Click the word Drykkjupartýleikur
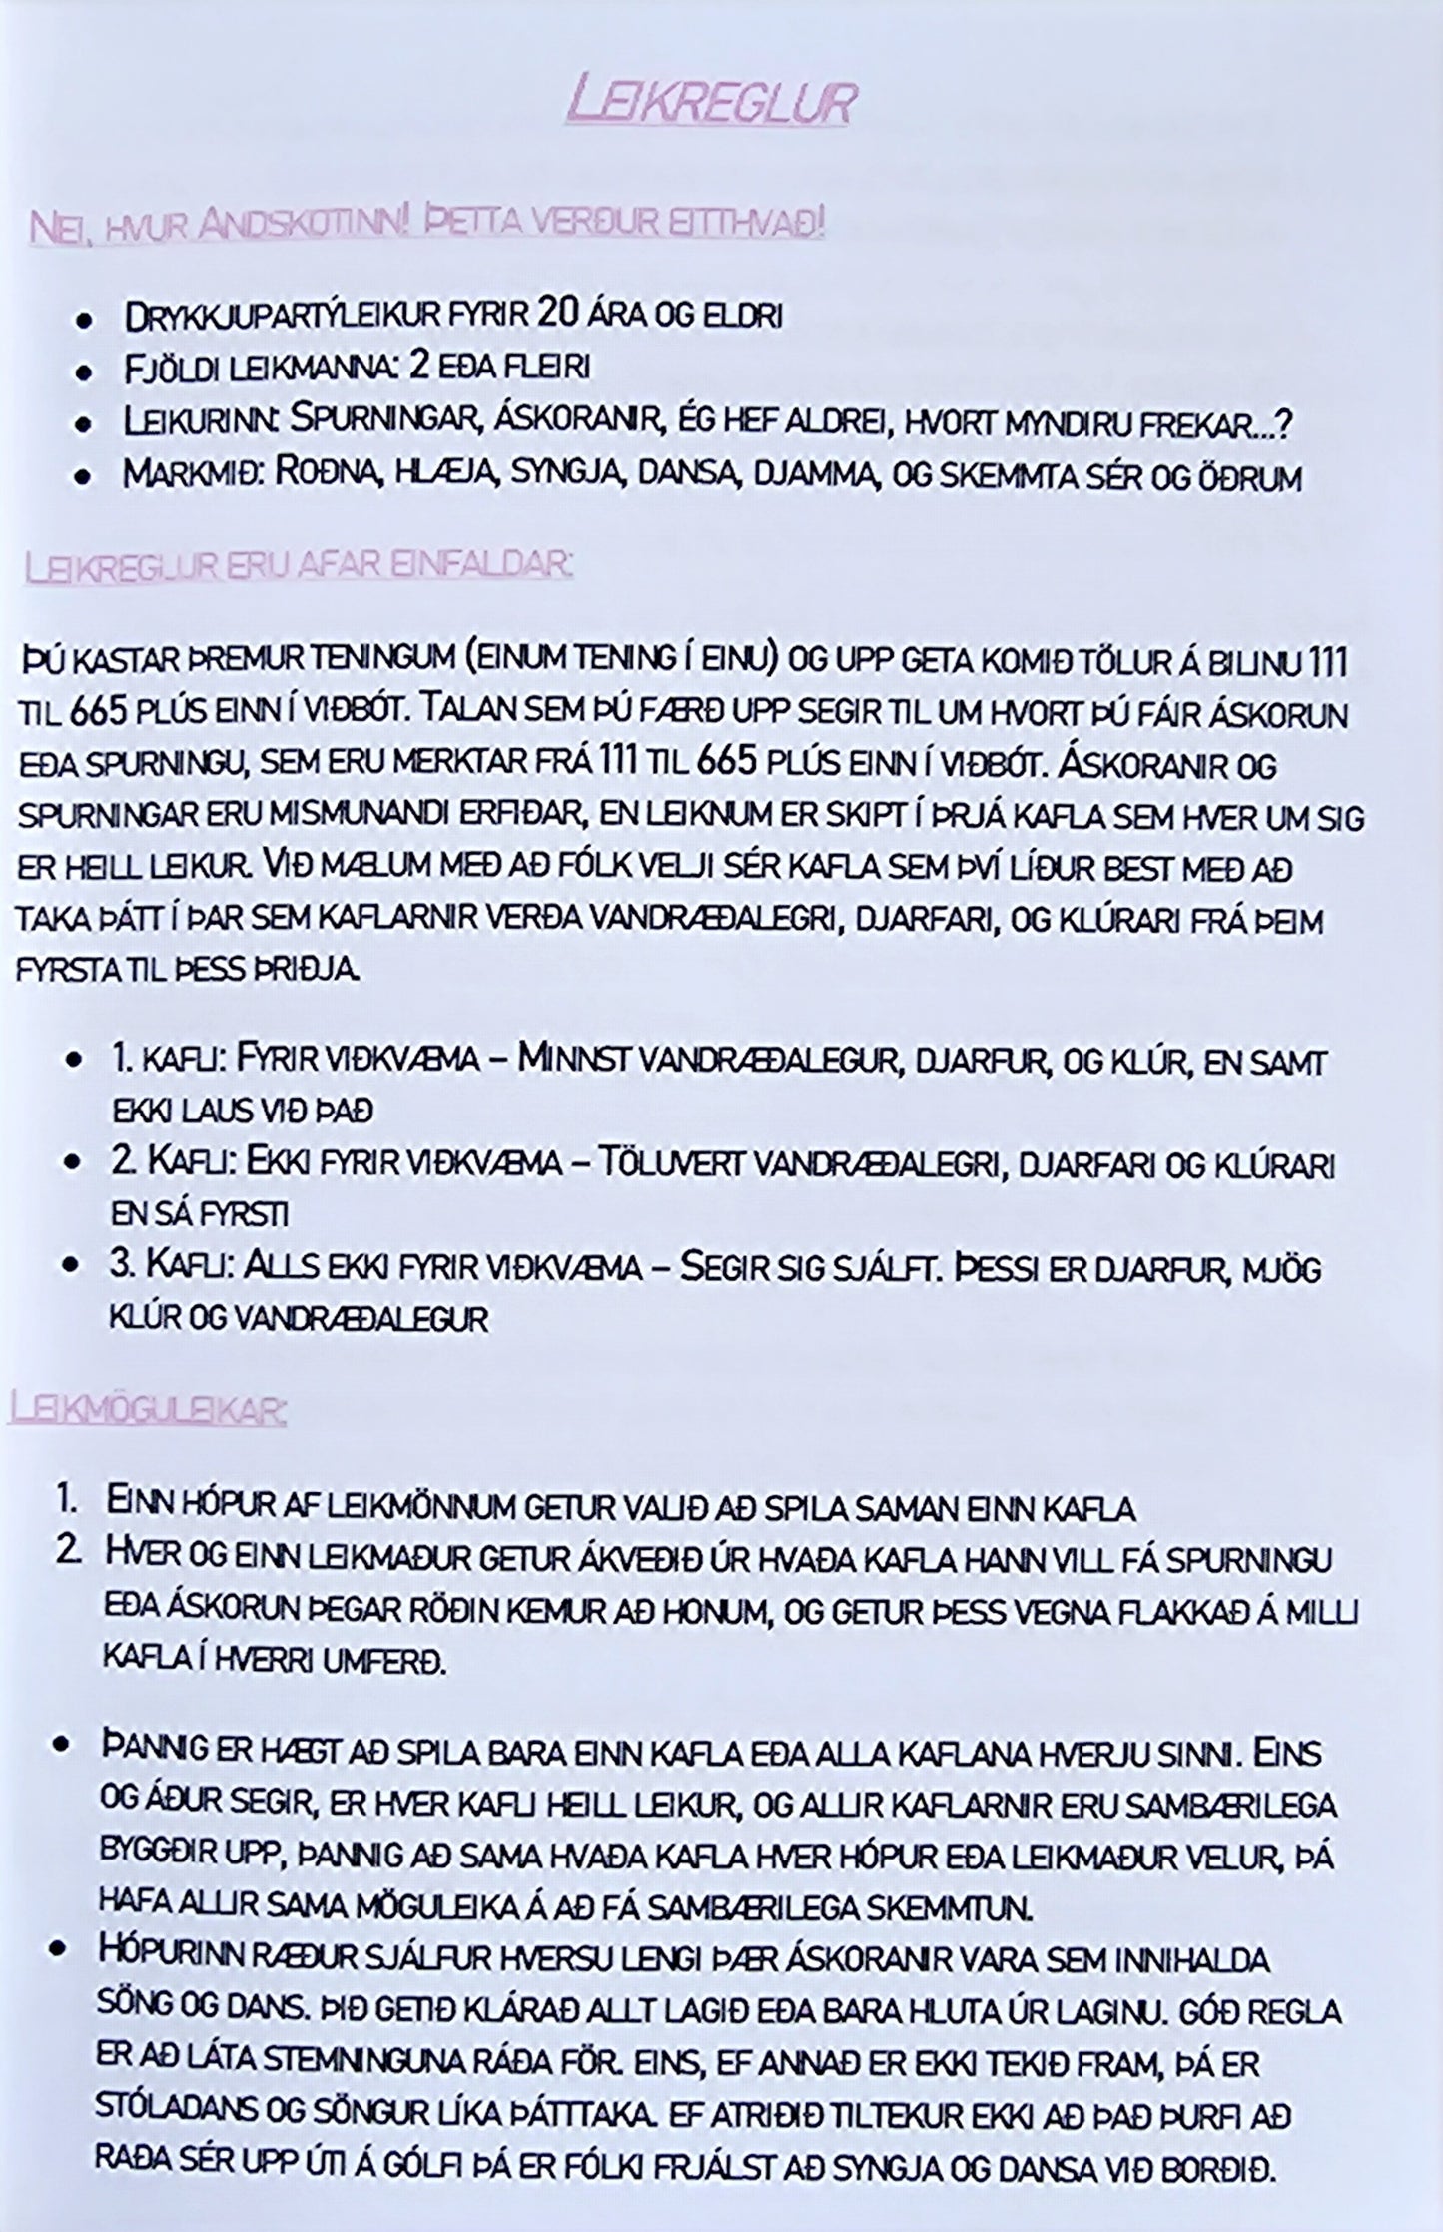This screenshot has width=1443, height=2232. (282, 318)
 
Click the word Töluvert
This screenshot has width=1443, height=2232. (668, 1164)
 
